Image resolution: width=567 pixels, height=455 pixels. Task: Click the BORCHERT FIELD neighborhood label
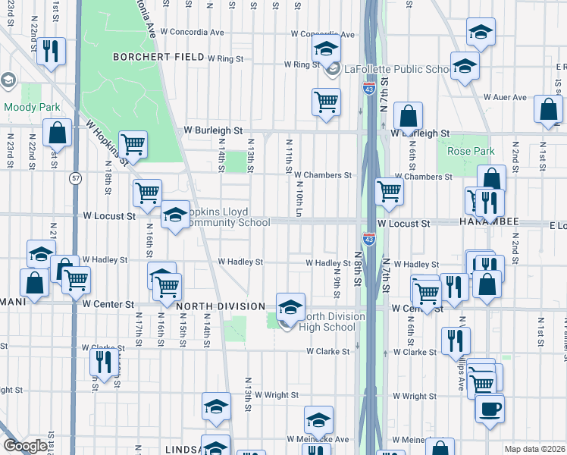click(x=158, y=57)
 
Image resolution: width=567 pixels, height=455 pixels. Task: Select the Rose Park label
click(x=471, y=152)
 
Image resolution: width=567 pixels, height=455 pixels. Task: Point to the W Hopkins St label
click(x=105, y=140)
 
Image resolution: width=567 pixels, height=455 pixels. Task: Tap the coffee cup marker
click(x=490, y=407)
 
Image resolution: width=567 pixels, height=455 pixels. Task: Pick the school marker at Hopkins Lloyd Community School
click(x=175, y=215)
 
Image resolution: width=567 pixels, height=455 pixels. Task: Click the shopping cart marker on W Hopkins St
click(x=133, y=143)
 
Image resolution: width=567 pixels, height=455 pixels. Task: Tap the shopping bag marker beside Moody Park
click(x=57, y=133)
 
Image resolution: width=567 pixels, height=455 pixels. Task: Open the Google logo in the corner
click(x=25, y=446)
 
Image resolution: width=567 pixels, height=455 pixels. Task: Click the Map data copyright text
click(x=535, y=449)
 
